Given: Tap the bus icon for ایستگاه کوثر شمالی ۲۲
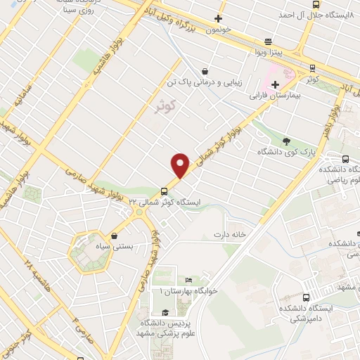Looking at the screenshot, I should (164, 190).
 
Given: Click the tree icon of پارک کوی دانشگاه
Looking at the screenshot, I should (287, 140).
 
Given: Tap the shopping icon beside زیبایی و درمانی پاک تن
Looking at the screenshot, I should (204, 70).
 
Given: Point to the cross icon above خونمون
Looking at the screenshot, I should (219, 19).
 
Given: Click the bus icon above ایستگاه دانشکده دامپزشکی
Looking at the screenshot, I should (305, 297).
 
